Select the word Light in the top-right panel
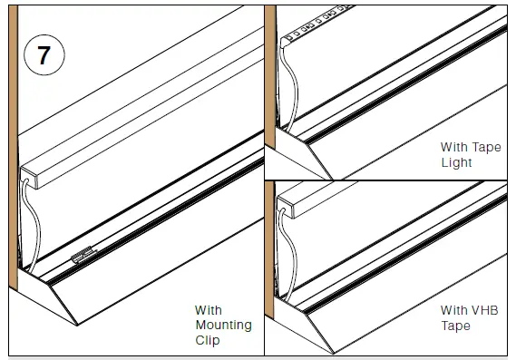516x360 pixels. pyautogui.click(x=456, y=162)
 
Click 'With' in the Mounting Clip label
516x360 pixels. pyautogui.click(x=208, y=309)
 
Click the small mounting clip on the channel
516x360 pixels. pyautogui.click(x=82, y=258)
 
